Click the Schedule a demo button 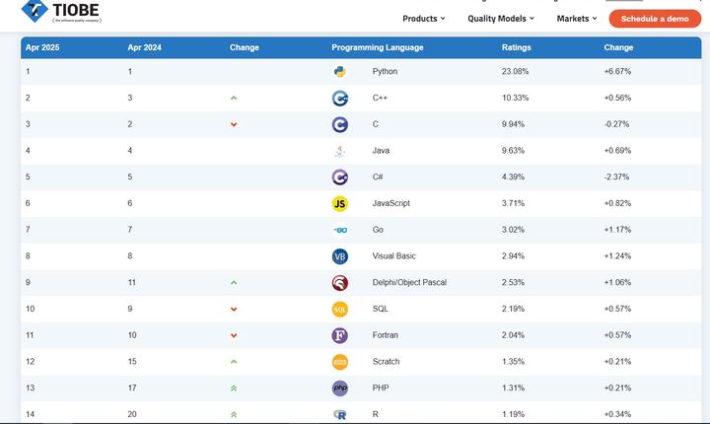point(655,19)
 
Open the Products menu point(423,19)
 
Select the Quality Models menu point(500,19)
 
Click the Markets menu point(577,19)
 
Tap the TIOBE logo point(61,12)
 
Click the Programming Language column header point(378,47)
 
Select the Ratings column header point(516,47)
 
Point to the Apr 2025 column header point(42,47)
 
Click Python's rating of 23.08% point(515,72)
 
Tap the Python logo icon point(340,72)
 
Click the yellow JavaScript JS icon point(340,204)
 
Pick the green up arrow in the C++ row point(234,99)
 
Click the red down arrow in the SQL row point(234,310)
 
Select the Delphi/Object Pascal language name point(409,283)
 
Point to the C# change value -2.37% point(617,177)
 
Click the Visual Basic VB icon point(340,256)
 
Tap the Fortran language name point(386,335)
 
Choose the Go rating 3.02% point(515,230)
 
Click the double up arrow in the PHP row point(234,389)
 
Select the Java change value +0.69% point(617,151)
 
